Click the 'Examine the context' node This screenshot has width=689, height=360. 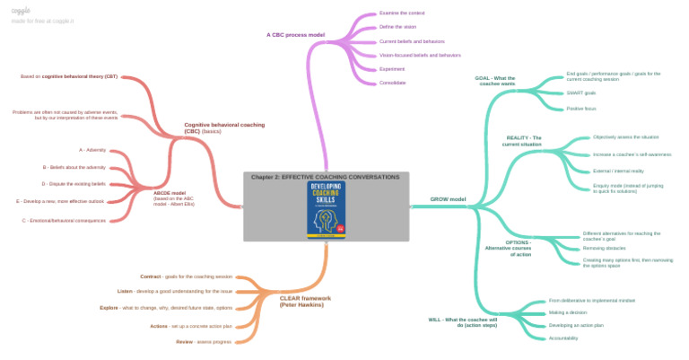[x=402, y=13]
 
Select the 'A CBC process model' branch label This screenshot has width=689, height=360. [x=295, y=35]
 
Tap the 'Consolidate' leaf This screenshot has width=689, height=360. [x=393, y=83]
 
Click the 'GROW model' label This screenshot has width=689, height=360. [x=448, y=198]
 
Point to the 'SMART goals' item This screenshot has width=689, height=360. [x=581, y=92]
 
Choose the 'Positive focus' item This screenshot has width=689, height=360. [x=581, y=109]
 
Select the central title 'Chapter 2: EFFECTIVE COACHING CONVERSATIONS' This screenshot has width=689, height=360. [x=326, y=177]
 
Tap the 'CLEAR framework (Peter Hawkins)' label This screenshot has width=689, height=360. [x=305, y=302]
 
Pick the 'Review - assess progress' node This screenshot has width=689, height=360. [x=204, y=342]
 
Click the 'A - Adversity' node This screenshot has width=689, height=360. [x=92, y=150]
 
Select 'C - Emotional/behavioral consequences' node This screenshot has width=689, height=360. [x=64, y=220]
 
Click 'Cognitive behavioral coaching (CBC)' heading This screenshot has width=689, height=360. [x=224, y=127]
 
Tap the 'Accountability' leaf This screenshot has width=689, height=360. [x=563, y=338]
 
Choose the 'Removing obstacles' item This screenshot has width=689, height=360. [x=605, y=248]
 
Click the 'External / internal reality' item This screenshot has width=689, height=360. [x=618, y=171]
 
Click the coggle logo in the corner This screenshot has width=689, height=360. [x=21, y=9]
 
